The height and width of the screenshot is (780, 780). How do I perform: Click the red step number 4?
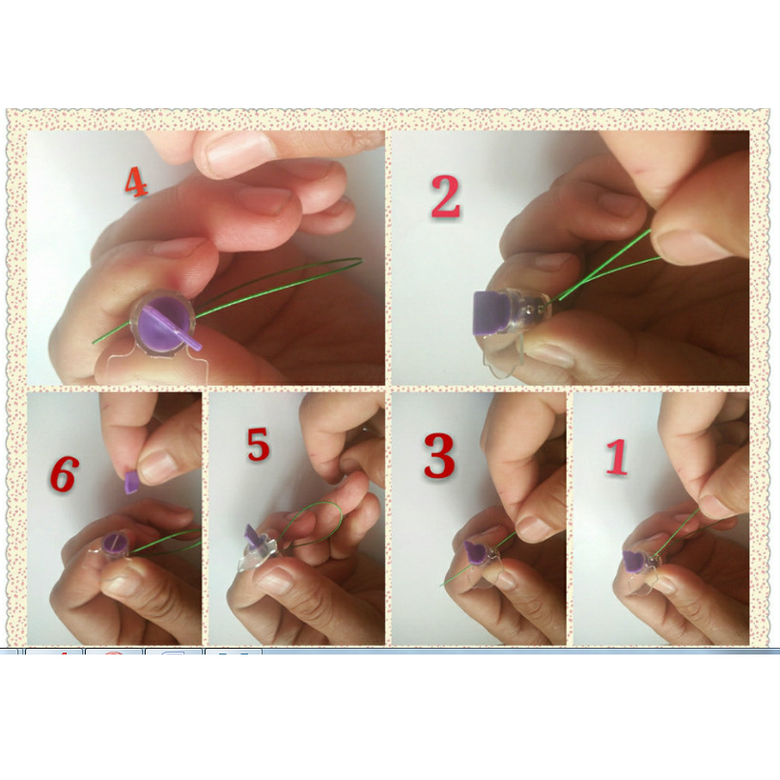pyautogui.click(x=136, y=181)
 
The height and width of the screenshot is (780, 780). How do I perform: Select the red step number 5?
pyautogui.click(x=259, y=444)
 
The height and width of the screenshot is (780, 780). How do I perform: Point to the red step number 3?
pyautogui.click(x=439, y=456)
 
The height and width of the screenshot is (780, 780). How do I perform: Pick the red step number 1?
pyautogui.click(x=617, y=457)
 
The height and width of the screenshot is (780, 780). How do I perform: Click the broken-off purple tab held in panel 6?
pyautogui.click(x=132, y=483)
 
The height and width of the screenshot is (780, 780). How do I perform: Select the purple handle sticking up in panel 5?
pyautogui.click(x=253, y=537)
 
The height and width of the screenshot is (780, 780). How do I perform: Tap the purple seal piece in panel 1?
pyautogui.click(x=633, y=561)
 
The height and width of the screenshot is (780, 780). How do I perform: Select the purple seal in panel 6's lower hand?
pyautogui.click(x=115, y=543)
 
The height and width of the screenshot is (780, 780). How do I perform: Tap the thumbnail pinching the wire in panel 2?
pyautogui.click(x=687, y=247)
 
